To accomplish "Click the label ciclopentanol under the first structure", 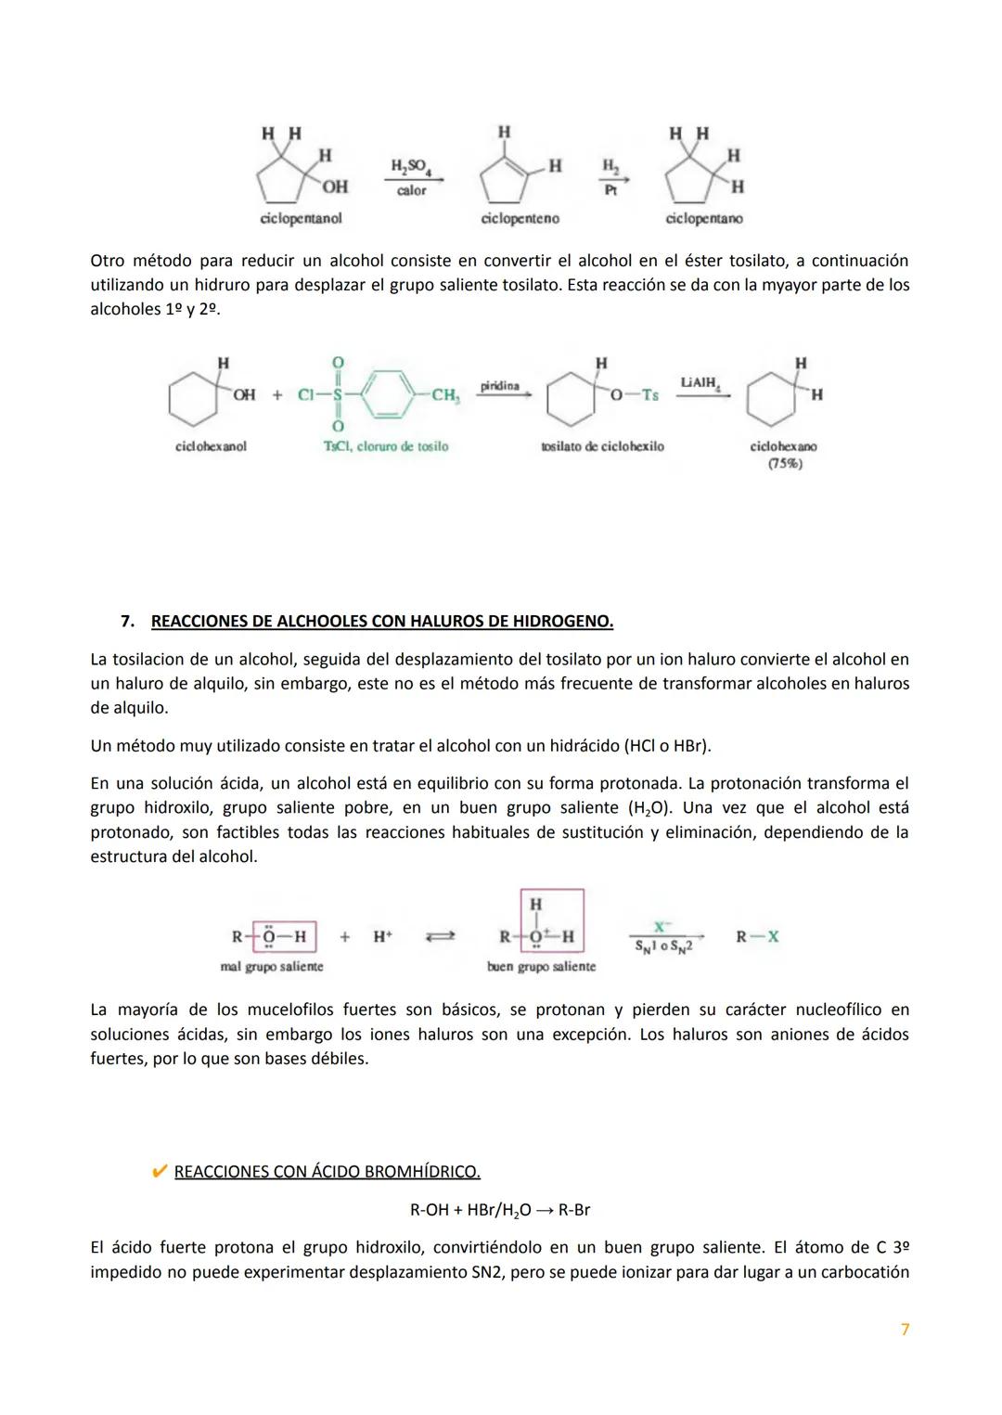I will pyautogui.click(x=301, y=218).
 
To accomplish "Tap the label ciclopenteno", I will pyautogui.click(x=520, y=218).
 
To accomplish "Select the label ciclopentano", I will pyautogui.click(x=704, y=218).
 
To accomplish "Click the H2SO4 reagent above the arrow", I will pyautogui.click(x=412, y=167).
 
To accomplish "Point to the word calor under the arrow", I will pyautogui.click(x=412, y=190).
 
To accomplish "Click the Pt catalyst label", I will pyautogui.click(x=610, y=188).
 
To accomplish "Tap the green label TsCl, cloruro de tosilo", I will pyautogui.click(x=385, y=446).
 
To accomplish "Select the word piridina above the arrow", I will pyautogui.click(x=500, y=385).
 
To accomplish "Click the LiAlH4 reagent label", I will pyautogui.click(x=700, y=382).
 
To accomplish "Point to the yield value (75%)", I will pyautogui.click(x=784, y=463).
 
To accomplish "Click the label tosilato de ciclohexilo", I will pyautogui.click(x=602, y=446).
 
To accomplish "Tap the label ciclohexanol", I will pyautogui.click(x=211, y=446).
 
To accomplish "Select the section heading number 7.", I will pyautogui.click(x=128, y=621).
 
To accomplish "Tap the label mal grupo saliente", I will pyautogui.click(x=272, y=966).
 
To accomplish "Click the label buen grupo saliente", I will pyautogui.click(x=541, y=966).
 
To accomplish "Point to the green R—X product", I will pyautogui.click(x=757, y=937).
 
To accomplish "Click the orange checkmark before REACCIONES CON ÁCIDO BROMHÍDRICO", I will pyautogui.click(x=159, y=1172).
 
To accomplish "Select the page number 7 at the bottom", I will pyautogui.click(x=905, y=1330).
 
